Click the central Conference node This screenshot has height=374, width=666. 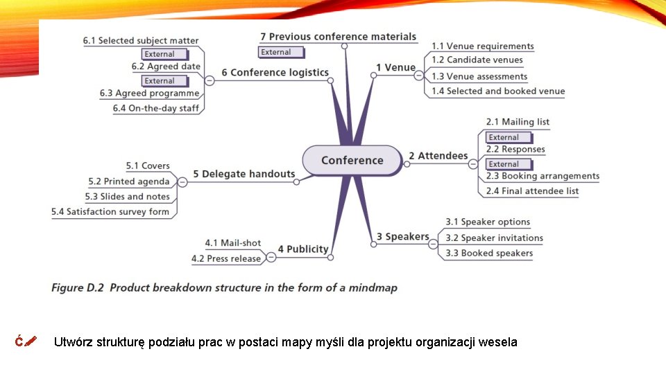click(x=352, y=160)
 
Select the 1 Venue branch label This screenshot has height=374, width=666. click(x=395, y=67)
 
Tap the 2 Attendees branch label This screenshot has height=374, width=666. click(x=438, y=156)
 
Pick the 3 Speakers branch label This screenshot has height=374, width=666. click(x=403, y=237)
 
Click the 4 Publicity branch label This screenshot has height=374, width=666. click(x=303, y=249)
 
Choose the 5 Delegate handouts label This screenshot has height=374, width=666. click(x=244, y=174)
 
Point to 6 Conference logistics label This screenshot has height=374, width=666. click(x=275, y=72)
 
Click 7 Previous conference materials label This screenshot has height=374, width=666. click(x=338, y=37)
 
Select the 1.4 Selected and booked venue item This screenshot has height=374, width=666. click(x=498, y=91)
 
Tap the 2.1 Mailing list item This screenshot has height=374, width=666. click(x=518, y=122)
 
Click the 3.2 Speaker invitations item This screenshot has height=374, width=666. click(x=494, y=238)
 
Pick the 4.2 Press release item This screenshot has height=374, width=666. click(x=225, y=258)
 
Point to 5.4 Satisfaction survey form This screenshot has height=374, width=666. click(x=110, y=211)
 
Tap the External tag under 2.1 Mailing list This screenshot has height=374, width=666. click(x=509, y=137)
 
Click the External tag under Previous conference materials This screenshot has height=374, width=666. click(x=281, y=52)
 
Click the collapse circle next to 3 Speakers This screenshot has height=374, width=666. click(x=434, y=244)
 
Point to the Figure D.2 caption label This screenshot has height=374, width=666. click(x=224, y=287)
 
